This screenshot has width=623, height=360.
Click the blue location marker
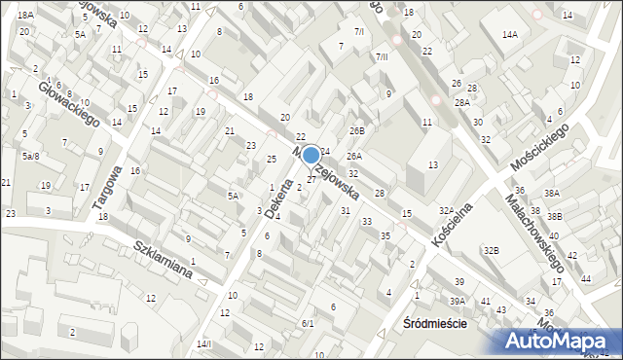(311, 155)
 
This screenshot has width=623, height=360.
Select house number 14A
(509, 35)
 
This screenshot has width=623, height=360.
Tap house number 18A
(25, 16)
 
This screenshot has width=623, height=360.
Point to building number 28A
(461, 102)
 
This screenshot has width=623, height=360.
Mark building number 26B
(357, 130)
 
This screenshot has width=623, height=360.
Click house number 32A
(447, 210)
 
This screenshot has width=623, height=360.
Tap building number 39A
(458, 301)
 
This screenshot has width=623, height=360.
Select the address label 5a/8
(31, 156)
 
